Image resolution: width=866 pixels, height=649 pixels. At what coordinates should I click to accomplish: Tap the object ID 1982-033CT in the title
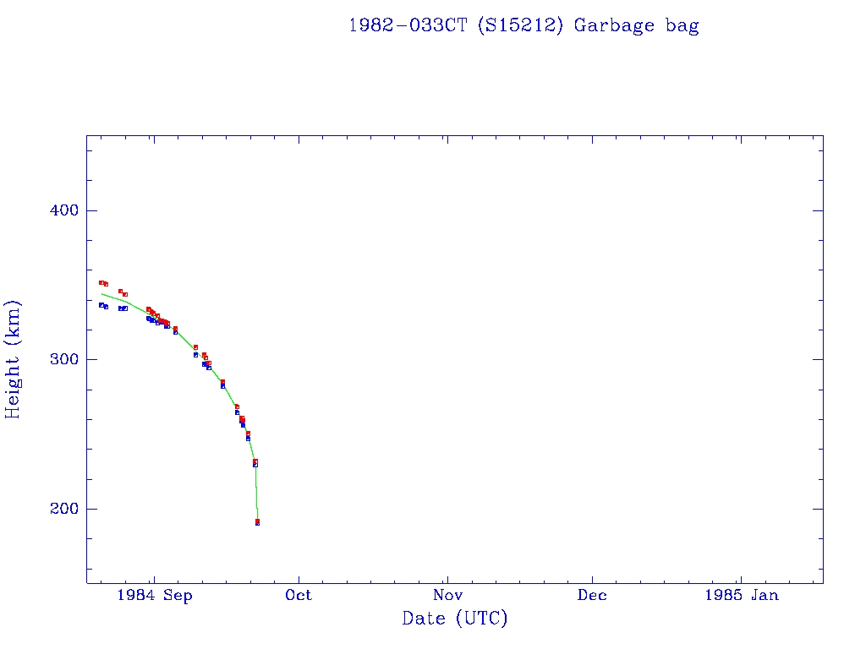click(x=409, y=25)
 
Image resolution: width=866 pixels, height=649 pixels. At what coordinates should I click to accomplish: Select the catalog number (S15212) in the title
click(x=520, y=25)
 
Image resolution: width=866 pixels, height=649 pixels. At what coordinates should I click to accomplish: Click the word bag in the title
click(x=682, y=25)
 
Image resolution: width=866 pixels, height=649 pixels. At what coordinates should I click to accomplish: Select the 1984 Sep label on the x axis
click(x=155, y=595)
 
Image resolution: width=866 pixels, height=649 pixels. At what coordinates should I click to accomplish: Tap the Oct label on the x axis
click(x=299, y=595)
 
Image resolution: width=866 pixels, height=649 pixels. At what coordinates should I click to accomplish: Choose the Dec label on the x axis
click(x=592, y=595)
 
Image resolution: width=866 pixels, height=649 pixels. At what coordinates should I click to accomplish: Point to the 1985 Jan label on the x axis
click(x=741, y=595)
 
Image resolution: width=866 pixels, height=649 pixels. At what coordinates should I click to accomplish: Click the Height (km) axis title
click(x=14, y=359)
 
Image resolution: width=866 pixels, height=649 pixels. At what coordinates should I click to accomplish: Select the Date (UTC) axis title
click(x=455, y=619)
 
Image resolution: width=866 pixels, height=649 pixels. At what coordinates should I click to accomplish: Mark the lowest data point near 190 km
click(x=257, y=522)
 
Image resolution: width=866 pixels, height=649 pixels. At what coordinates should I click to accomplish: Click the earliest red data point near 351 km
click(x=101, y=282)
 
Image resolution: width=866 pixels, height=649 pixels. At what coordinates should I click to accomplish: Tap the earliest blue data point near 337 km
click(x=101, y=304)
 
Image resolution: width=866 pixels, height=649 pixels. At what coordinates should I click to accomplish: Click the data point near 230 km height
click(x=255, y=463)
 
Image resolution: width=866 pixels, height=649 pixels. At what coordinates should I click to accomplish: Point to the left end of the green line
click(x=101, y=293)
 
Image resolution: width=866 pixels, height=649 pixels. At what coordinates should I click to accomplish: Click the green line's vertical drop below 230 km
click(x=256, y=494)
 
